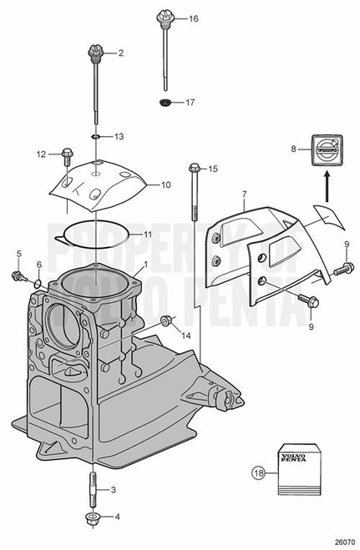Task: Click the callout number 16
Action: tap(194, 18)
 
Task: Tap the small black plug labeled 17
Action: tap(165, 103)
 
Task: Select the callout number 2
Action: tap(120, 53)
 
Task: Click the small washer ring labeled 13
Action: tap(98, 136)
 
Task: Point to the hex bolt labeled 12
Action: tap(68, 154)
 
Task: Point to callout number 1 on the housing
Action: tap(145, 265)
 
